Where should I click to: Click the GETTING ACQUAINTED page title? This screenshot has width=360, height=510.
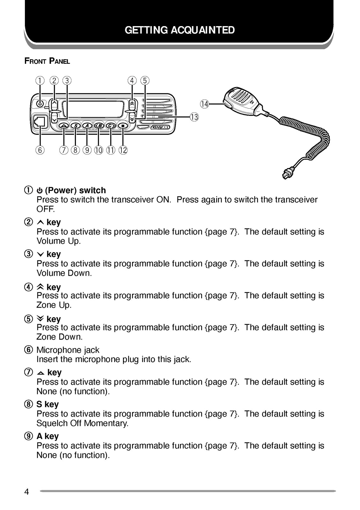(x=180, y=30)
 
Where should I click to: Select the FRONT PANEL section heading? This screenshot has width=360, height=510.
(x=47, y=61)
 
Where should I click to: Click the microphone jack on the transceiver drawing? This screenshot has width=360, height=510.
(x=40, y=122)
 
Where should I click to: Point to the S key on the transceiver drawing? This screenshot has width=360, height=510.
(x=76, y=126)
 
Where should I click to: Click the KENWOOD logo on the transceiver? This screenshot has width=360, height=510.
(x=160, y=127)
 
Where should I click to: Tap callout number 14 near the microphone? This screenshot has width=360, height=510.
(x=204, y=104)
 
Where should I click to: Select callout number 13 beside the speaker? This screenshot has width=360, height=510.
(x=194, y=117)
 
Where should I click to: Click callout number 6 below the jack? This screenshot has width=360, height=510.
(x=40, y=150)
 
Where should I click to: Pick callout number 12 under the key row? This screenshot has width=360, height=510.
(x=123, y=150)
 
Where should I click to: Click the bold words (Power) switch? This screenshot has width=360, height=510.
(x=75, y=190)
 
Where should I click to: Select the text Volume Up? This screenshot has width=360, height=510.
(x=59, y=241)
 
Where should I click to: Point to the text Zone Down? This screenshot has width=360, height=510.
(x=59, y=337)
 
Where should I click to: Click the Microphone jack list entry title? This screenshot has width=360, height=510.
(x=68, y=350)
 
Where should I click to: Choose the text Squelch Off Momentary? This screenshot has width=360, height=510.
(x=82, y=423)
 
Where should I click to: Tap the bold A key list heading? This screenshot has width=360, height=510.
(x=48, y=436)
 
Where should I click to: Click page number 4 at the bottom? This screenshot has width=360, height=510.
(x=26, y=492)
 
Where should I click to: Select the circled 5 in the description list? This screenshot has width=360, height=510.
(x=28, y=319)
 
